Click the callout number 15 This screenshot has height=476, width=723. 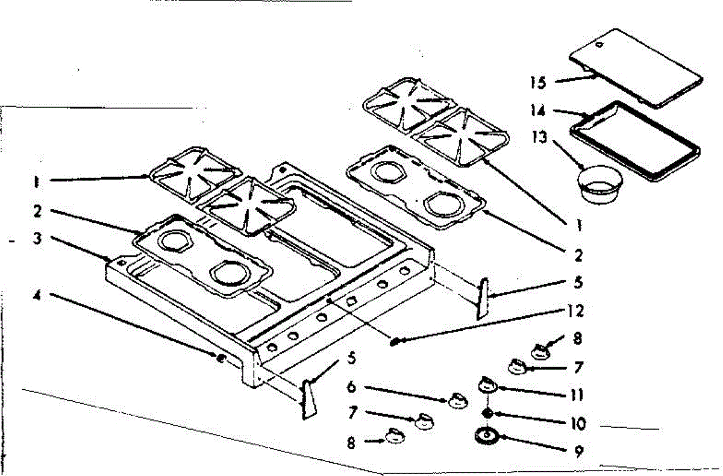pyautogui.click(x=538, y=83)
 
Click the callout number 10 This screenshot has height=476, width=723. pyautogui.click(x=577, y=423)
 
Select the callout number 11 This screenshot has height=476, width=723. pyautogui.click(x=577, y=395)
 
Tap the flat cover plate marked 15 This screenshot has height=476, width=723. pyautogui.click(x=636, y=67)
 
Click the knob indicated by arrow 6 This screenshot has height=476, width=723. pyautogui.click(x=457, y=399)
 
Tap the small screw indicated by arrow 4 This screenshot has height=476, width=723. pyautogui.click(x=221, y=359)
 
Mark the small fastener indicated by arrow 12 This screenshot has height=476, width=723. pyautogui.click(x=395, y=342)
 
